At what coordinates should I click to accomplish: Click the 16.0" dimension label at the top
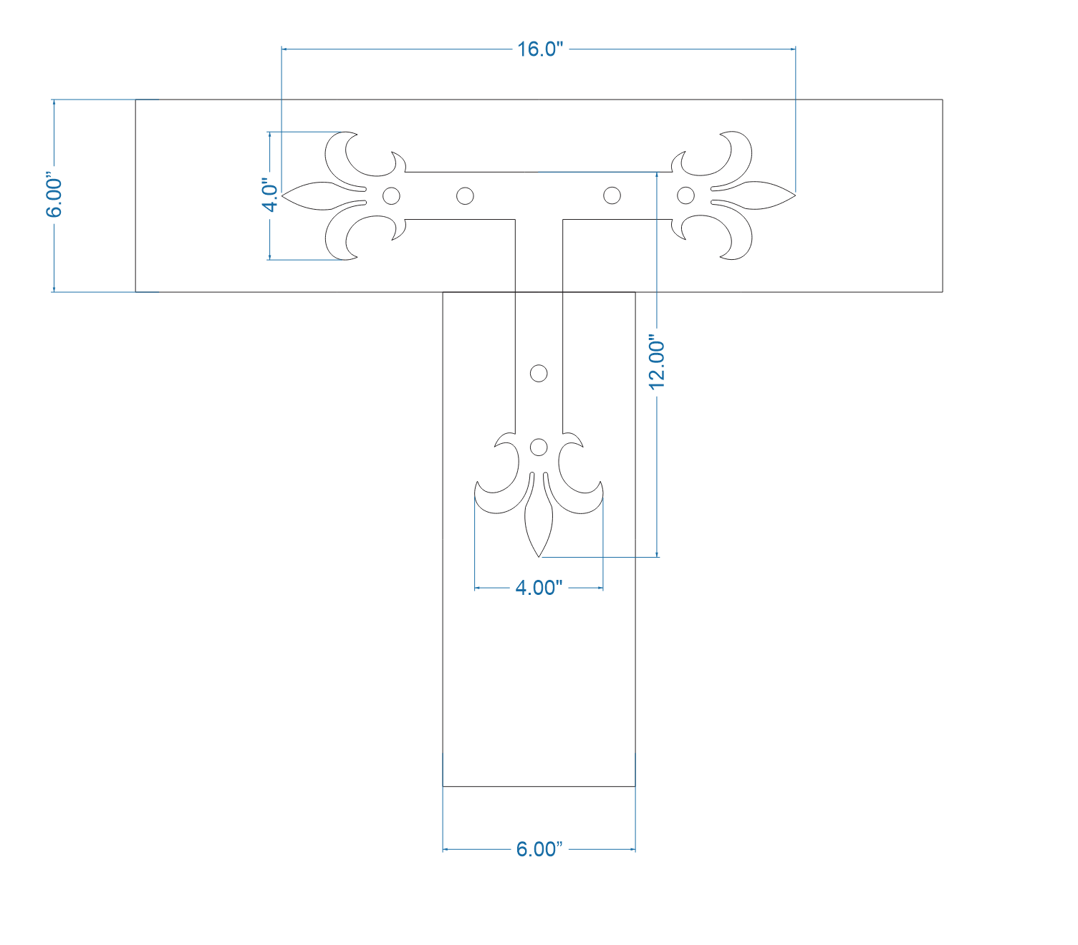(x=540, y=49)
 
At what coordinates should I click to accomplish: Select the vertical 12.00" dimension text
(x=657, y=362)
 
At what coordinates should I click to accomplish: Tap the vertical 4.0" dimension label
(x=269, y=195)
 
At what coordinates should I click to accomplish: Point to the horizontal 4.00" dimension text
(x=539, y=588)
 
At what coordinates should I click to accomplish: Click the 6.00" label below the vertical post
(x=539, y=849)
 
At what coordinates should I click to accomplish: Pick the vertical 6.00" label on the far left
(x=54, y=195)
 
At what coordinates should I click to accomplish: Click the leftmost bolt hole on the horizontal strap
(x=391, y=195)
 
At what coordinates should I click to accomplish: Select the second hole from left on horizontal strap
(x=465, y=195)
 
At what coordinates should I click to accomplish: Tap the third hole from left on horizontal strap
(x=612, y=195)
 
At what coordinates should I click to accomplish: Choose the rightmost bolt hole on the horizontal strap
(x=685, y=195)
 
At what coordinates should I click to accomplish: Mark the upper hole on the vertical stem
(x=539, y=373)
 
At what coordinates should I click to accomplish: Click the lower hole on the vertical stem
(x=539, y=447)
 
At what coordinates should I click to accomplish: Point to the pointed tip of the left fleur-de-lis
(x=284, y=195)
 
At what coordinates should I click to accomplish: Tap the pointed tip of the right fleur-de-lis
(x=794, y=195)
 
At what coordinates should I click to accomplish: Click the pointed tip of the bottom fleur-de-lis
(x=539, y=555)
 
